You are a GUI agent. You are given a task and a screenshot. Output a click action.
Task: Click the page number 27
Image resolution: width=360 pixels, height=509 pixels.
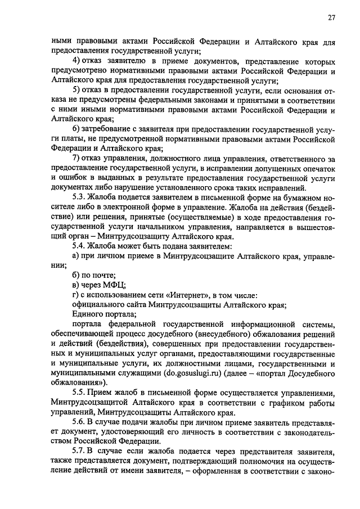click(x=332, y=17)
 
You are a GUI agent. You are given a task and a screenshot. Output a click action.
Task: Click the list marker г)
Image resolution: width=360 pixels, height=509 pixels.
click(x=77, y=295)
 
